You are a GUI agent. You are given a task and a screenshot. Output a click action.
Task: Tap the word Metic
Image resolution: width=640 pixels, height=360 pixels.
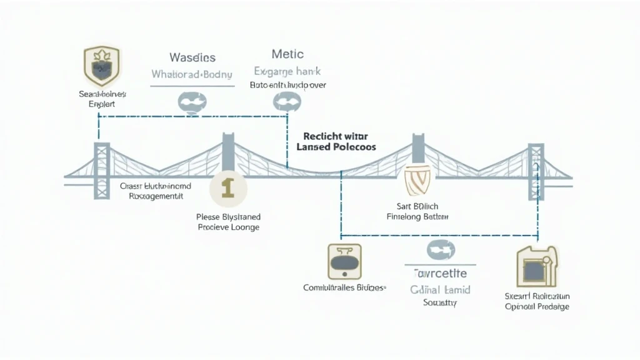(x=288, y=54)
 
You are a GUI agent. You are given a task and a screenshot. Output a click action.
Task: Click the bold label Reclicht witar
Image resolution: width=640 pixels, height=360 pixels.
(x=335, y=136)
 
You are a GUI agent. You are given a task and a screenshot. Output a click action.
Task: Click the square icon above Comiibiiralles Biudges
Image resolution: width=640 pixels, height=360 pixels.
(x=344, y=261)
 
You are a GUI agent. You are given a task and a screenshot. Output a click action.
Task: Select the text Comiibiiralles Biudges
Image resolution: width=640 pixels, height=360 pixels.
(x=344, y=288)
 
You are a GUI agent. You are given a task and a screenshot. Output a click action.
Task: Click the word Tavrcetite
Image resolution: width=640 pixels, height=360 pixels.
(x=441, y=274)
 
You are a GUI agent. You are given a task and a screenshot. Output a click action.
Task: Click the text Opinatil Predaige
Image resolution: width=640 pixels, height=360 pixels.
(x=537, y=307)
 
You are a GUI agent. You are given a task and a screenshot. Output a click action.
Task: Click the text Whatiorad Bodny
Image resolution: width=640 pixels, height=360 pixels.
(x=192, y=74)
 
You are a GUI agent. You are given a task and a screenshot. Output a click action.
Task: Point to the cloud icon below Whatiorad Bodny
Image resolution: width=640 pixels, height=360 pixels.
(x=191, y=102)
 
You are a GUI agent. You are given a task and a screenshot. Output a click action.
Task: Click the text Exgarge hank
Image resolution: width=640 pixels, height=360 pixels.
(x=288, y=71)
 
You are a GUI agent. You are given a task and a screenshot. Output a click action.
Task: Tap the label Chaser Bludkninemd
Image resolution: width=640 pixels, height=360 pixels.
(x=156, y=186)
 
